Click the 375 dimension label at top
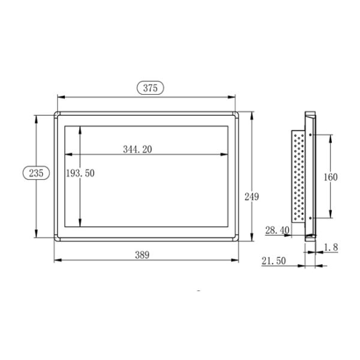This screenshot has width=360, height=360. tap(150, 88)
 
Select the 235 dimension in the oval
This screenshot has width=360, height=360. tap(36, 173)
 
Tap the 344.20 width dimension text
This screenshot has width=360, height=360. tap(137, 149)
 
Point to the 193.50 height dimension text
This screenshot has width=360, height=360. tap(80, 173)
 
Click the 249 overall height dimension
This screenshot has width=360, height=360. tap(251, 196)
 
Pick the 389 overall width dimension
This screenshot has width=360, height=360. tap(142, 254)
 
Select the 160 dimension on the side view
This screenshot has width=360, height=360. tap(331, 177)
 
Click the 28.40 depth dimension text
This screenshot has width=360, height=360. tap(277, 230)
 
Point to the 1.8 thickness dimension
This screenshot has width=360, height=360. tap(331, 247)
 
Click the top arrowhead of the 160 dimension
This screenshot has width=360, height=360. tap(331, 135)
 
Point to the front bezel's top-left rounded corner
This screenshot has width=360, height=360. tap(57, 113)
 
